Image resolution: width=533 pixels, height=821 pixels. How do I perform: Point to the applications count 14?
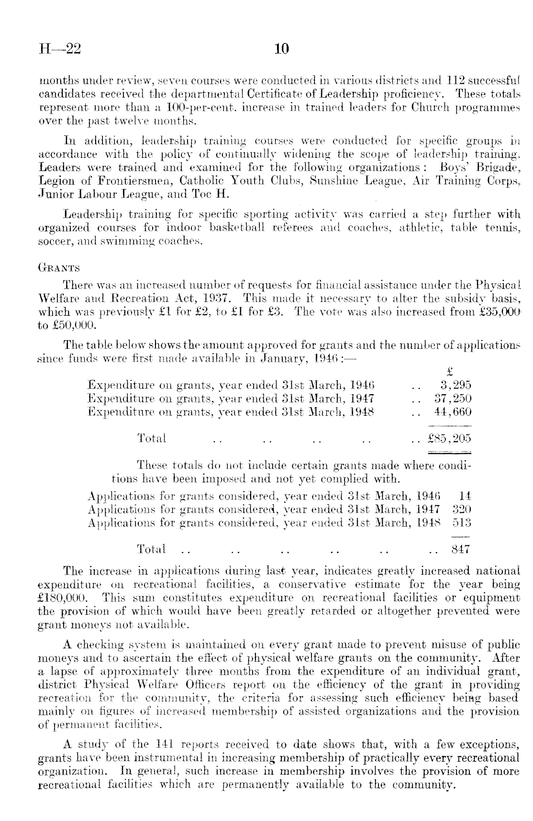(x=465, y=496)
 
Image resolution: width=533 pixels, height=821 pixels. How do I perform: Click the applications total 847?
(x=462, y=549)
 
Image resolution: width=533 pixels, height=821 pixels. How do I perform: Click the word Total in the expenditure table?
(x=152, y=438)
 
